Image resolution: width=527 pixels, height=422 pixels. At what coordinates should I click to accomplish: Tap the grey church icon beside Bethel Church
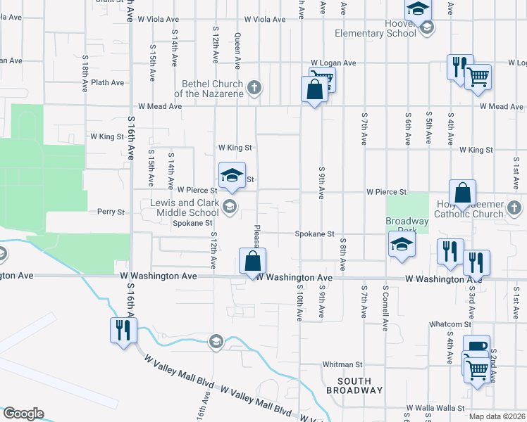[255, 88]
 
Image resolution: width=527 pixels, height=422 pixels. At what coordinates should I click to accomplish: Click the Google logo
[23, 414]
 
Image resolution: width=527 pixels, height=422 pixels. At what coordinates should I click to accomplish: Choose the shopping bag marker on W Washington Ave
[253, 262]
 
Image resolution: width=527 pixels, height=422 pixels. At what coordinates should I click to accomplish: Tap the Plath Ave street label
[107, 82]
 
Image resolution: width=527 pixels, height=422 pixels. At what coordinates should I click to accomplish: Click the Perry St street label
[111, 211]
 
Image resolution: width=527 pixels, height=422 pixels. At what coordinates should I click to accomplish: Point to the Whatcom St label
[450, 324]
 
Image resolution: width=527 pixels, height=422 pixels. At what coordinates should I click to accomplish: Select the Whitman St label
[342, 364]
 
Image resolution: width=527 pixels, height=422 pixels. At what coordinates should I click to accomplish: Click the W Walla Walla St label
[436, 408]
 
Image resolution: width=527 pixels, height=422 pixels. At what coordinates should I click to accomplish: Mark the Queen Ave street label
[238, 51]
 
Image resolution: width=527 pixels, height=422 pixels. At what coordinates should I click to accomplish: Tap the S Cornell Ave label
[385, 308]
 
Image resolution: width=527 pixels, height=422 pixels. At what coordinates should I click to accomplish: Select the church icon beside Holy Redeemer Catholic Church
[514, 208]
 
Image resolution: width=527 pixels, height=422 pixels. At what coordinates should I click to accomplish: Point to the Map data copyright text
[495, 416]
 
